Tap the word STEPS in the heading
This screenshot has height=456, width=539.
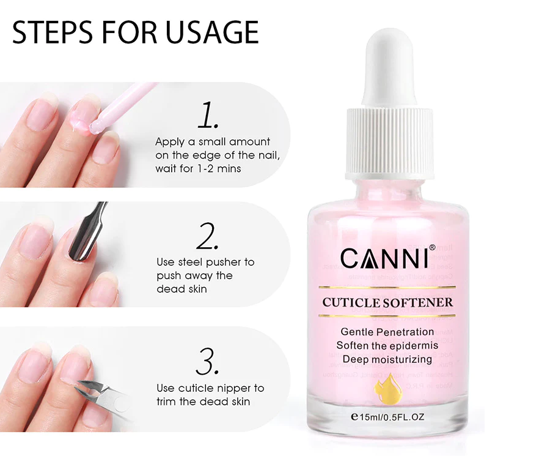tap(50, 32)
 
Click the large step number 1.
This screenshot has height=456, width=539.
tap(208, 116)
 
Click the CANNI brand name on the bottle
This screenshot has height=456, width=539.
tap(384, 259)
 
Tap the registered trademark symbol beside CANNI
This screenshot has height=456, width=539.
tap(432, 248)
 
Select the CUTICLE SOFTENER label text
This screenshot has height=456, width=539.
tap(388, 302)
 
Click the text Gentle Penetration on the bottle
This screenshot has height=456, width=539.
tap(387, 332)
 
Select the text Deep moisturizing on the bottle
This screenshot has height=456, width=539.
tap(387, 359)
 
